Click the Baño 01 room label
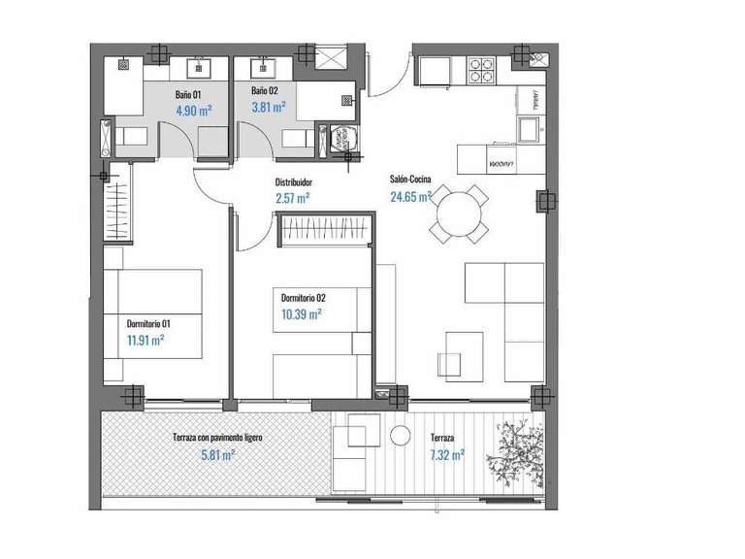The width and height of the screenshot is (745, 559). [188, 94]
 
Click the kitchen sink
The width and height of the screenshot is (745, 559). [529, 128]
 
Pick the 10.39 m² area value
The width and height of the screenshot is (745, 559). [301, 313]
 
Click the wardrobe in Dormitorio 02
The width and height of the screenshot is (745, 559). [324, 231]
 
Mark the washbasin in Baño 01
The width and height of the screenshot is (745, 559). [200, 67]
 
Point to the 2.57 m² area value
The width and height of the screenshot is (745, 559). [292, 198]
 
